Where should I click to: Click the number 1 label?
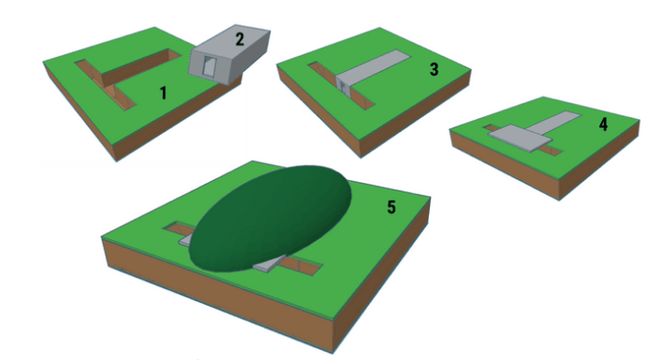point(164,92)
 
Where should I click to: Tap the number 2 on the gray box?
point(239,39)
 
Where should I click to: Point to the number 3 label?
point(433,69)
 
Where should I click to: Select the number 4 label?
point(603,124)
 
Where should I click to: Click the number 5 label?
point(391,207)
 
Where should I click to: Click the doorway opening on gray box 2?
point(209,67)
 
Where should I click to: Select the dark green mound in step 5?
point(269,218)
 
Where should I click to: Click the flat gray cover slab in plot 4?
point(520,137)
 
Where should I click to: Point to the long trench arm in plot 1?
point(142,67)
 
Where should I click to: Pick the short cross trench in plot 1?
point(105,85)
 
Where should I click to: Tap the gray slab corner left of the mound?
point(186,240)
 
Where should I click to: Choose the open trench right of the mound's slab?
point(301,265)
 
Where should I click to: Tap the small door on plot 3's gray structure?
point(342,86)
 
